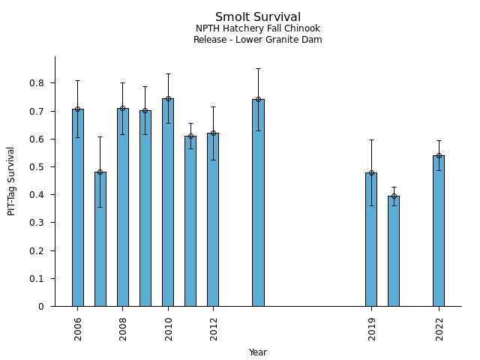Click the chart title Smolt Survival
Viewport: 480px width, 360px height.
tap(257, 17)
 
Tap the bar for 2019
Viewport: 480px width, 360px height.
tap(370, 239)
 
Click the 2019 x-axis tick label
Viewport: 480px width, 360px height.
tap(371, 328)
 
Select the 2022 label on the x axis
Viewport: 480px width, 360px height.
tap(439, 328)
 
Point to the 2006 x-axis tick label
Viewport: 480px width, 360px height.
tap(78, 328)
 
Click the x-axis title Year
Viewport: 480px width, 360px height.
tap(257, 352)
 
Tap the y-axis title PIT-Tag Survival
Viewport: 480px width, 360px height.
tap(11, 181)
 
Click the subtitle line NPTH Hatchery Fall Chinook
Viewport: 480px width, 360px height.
tap(257, 29)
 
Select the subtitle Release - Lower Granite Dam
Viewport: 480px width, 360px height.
tap(257, 40)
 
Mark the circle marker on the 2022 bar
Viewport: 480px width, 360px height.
tap(439, 156)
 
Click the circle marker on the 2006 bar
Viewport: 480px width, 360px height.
tap(78, 109)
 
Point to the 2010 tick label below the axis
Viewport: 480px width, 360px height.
tap(168, 328)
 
